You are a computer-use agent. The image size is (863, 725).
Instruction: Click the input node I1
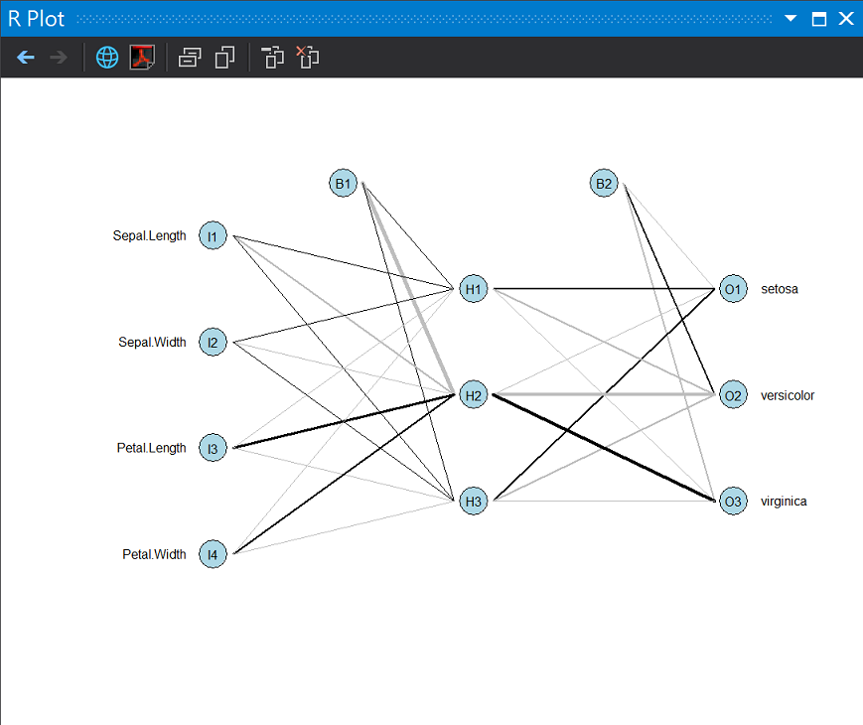tap(213, 236)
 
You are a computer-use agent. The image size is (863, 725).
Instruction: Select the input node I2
tap(213, 343)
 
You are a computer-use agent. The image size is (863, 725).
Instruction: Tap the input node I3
tap(213, 449)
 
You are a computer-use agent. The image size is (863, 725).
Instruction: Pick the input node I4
tap(213, 554)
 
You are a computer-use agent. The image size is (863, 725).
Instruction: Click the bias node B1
tap(343, 184)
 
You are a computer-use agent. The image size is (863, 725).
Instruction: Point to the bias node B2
tap(604, 184)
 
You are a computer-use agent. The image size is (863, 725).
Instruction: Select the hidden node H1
tap(474, 290)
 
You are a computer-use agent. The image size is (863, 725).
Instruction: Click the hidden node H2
tap(474, 395)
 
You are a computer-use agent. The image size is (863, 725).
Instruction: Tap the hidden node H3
tap(474, 502)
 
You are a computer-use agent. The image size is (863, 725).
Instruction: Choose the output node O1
tap(733, 290)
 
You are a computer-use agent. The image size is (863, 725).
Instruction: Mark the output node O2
tap(733, 395)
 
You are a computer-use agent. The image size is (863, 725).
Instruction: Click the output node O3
tap(733, 502)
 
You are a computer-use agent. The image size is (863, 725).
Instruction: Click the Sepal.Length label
tap(149, 236)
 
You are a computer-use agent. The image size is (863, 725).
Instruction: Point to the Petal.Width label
tap(154, 554)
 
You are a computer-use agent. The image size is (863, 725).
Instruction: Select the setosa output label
tap(780, 290)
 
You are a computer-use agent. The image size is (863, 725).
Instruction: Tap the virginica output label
tap(784, 502)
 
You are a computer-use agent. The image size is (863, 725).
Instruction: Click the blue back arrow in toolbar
tap(26, 58)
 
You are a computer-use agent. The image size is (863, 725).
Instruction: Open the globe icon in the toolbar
tap(107, 58)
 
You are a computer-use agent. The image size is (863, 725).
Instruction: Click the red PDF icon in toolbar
tap(142, 58)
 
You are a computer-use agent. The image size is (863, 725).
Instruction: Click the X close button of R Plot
tap(846, 19)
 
